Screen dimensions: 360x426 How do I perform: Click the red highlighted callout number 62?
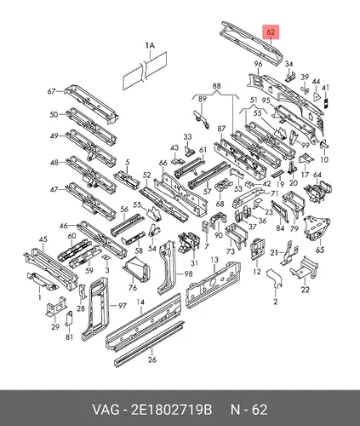271,32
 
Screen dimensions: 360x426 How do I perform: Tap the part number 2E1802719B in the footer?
171,410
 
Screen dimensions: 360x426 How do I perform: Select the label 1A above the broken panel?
150,45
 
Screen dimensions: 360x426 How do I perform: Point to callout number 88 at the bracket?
216,86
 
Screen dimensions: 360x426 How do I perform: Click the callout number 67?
51,92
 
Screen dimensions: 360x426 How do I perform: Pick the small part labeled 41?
326,103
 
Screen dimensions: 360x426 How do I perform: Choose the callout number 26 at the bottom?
152,360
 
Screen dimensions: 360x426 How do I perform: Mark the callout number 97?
122,306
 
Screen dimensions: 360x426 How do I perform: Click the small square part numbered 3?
106,257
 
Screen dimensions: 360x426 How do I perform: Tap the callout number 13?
214,260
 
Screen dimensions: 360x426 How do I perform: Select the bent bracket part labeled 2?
274,278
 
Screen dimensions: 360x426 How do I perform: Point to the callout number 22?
305,290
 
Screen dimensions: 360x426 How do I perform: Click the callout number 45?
43,239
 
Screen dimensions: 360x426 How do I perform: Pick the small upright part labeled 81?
69,319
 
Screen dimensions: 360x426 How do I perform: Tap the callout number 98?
188,274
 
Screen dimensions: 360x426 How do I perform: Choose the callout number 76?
133,287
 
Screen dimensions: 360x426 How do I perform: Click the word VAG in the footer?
106,410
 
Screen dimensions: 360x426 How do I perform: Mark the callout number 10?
324,159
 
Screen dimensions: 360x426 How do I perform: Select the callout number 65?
320,250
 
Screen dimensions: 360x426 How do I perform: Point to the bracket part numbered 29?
55,306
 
